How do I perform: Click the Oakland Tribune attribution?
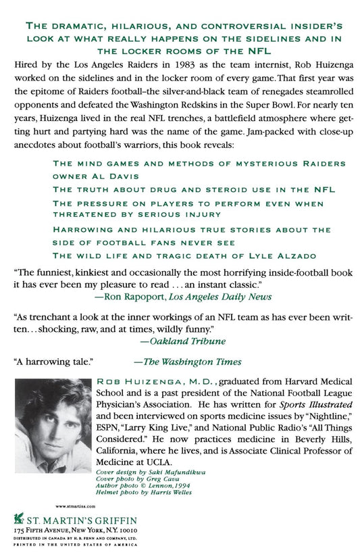[168, 341]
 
